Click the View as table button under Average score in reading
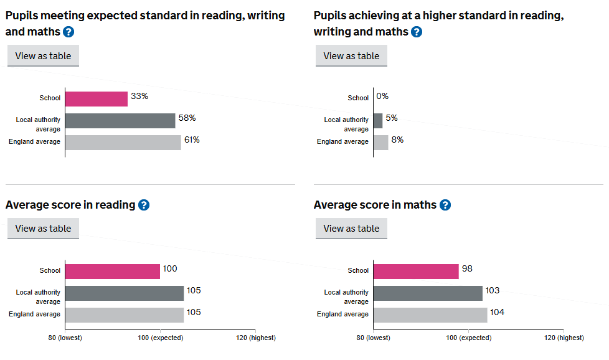(x=43, y=229)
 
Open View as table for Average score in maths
(x=351, y=229)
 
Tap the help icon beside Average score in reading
(x=144, y=205)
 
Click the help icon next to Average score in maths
(x=445, y=205)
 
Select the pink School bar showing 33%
(x=97, y=98)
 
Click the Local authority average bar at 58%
(x=120, y=120)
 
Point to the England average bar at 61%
(x=123, y=142)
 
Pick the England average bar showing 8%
(x=381, y=142)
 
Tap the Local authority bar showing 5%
(x=378, y=120)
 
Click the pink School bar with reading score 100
(x=113, y=271)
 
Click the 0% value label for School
(x=382, y=97)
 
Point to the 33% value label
(x=139, y=97)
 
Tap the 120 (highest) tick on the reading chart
(x=255, y=338)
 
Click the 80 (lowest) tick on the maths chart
(x=374, y=338)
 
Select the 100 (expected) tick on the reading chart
(x=160, y=338)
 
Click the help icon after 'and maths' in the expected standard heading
(x=68, y=32)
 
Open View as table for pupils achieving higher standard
(x=351, y=56)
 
